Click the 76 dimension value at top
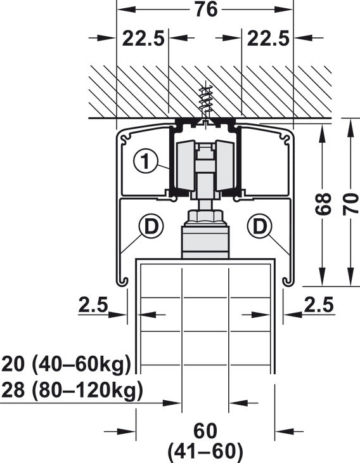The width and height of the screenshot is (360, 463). point(207,9)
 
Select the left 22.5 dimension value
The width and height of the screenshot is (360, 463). point(143,39)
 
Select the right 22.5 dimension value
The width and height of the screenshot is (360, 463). point(268,39)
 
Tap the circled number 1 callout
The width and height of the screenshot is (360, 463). point(146,161)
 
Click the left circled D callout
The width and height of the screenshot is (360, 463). point(151,226)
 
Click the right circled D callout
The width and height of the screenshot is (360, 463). point(260,226)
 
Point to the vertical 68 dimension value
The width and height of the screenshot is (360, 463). point(323,204)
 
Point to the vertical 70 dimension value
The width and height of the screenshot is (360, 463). point(350,204)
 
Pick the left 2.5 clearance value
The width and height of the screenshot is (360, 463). point(93,304)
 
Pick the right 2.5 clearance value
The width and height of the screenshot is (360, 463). point(319,304)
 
